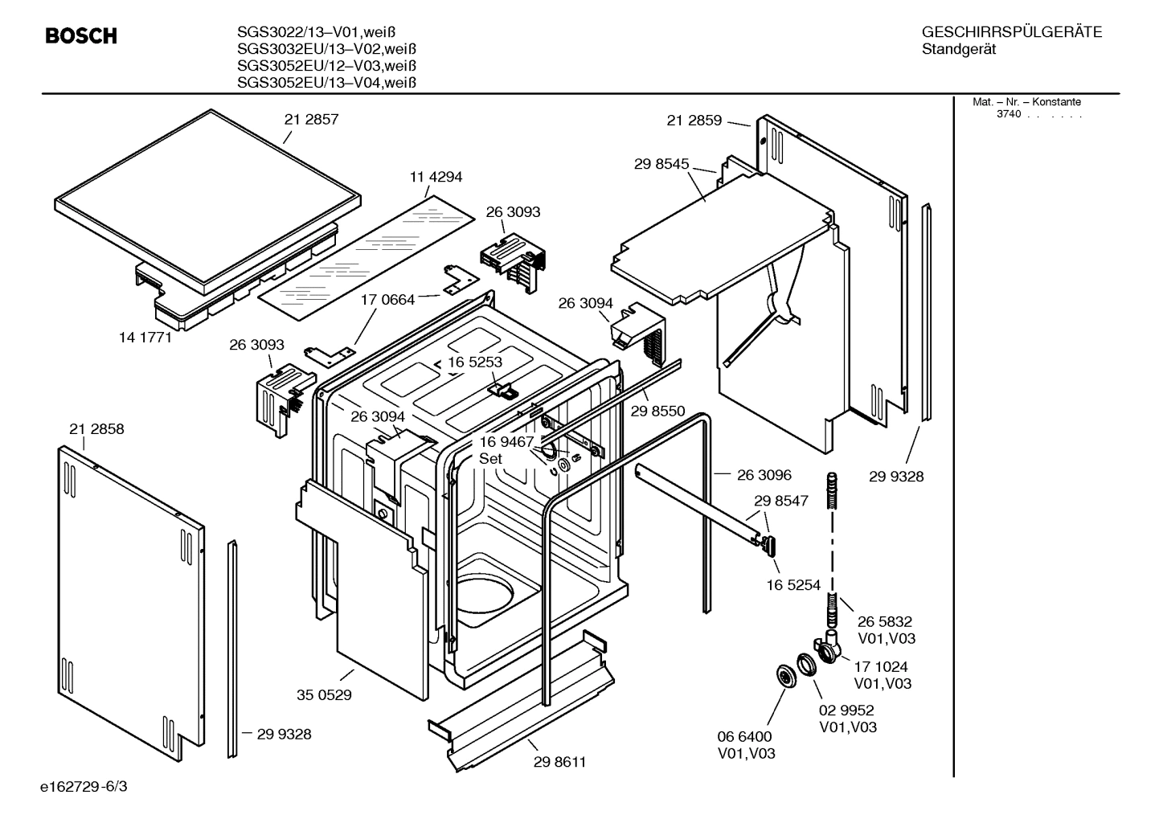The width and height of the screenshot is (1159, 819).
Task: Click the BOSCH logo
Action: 80,36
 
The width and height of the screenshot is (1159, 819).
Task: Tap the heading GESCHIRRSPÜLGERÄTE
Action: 1011,33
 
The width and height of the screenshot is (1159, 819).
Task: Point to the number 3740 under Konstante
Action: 1008,114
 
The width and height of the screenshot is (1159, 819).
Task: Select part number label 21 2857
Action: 311,120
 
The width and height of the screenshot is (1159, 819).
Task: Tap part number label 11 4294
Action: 436,177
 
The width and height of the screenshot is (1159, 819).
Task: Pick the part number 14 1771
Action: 145,338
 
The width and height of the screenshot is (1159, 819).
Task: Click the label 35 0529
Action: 324,695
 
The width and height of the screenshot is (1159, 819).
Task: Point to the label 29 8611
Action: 559,762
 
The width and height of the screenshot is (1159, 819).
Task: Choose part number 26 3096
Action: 764,475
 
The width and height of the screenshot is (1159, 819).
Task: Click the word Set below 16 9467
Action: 490,459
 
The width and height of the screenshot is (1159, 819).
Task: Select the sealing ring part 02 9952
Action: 805,665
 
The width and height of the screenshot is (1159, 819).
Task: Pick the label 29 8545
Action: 661,164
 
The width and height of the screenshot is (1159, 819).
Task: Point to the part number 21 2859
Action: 694,121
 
